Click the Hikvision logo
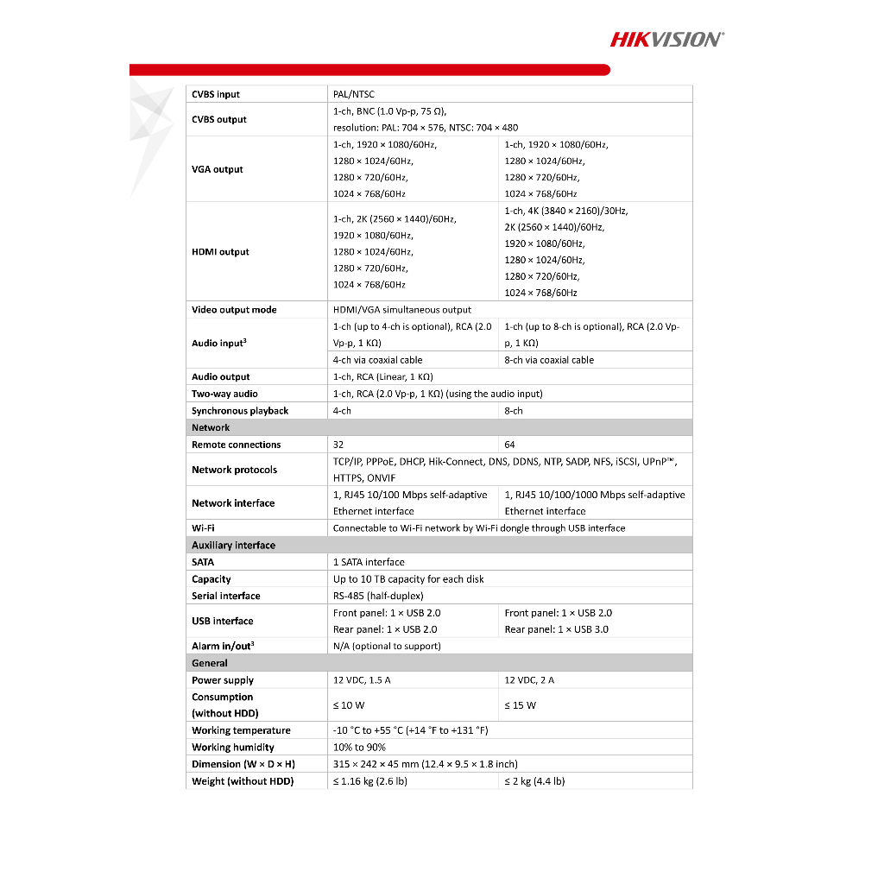[667, 38]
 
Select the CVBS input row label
[216, 94]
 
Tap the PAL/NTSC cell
[354, 94]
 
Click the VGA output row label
[218, 169]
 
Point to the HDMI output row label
[220, 252]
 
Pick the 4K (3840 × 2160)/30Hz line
[566, 211]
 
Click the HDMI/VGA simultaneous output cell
[402, 310]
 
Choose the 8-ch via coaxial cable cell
[549, 360]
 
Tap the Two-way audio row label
[224, 394]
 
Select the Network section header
[211, 427]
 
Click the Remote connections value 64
[510, 445]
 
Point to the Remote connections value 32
[339, 445]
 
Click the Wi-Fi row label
[203, 527]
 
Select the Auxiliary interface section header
[233, 545]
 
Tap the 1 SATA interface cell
[369, 562]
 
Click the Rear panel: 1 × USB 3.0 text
[556, 629]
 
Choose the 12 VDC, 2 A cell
[529, 680]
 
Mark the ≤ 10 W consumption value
[349, 705]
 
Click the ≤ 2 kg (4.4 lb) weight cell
[534, 781]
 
